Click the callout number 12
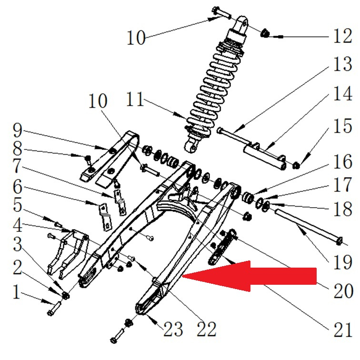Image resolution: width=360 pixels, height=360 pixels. coord(342,36)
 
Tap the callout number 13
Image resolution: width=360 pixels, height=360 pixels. coord(342,64)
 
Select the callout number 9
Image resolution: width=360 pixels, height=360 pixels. coord(18,129)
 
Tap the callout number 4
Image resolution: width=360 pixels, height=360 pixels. coord(18,224)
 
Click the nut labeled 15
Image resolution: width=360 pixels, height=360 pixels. coord(296,165)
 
